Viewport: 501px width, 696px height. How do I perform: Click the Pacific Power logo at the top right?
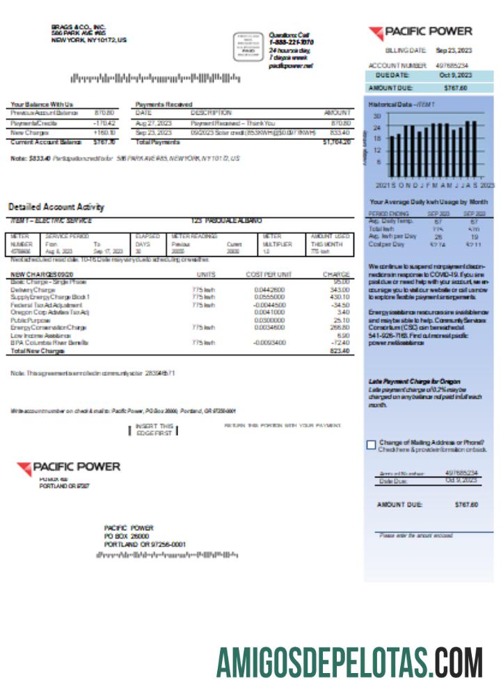click(x=420, y=32)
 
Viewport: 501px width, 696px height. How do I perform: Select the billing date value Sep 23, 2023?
click(x=454, y=51)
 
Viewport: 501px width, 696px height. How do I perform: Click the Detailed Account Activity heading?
click(x=56, y=207)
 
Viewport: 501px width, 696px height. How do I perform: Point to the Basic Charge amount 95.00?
click(x=341, y=282)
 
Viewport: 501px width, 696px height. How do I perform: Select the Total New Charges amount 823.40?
click(x=340, y=351)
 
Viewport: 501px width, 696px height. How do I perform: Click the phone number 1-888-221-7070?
click(x=291, y=42)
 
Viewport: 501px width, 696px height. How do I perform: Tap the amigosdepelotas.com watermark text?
click(x=349, y=662)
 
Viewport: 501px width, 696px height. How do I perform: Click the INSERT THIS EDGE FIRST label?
click(x=154, y=429)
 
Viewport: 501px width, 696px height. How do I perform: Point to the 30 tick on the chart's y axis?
click(x=376, y=116)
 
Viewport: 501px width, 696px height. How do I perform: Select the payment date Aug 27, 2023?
click(x=153, y=122)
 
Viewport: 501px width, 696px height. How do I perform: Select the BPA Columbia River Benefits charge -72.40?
click(x=339, y=343)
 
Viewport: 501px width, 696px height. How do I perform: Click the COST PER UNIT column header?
click(x=269, y=274)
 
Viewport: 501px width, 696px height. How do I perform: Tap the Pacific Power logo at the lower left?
click(x=68, y=468)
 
